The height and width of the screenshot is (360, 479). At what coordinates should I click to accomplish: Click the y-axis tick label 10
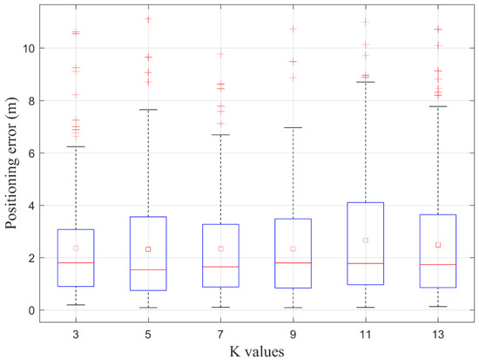[x=29, y=48]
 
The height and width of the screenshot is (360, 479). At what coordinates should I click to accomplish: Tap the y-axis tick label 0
[x=31, y=310]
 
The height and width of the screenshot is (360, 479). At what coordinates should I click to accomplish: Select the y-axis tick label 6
[x=31, y=153]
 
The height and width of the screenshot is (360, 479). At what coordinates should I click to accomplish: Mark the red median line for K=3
[x=76, y=262]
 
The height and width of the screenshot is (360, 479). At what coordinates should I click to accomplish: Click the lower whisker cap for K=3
[x=76, y=305]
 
